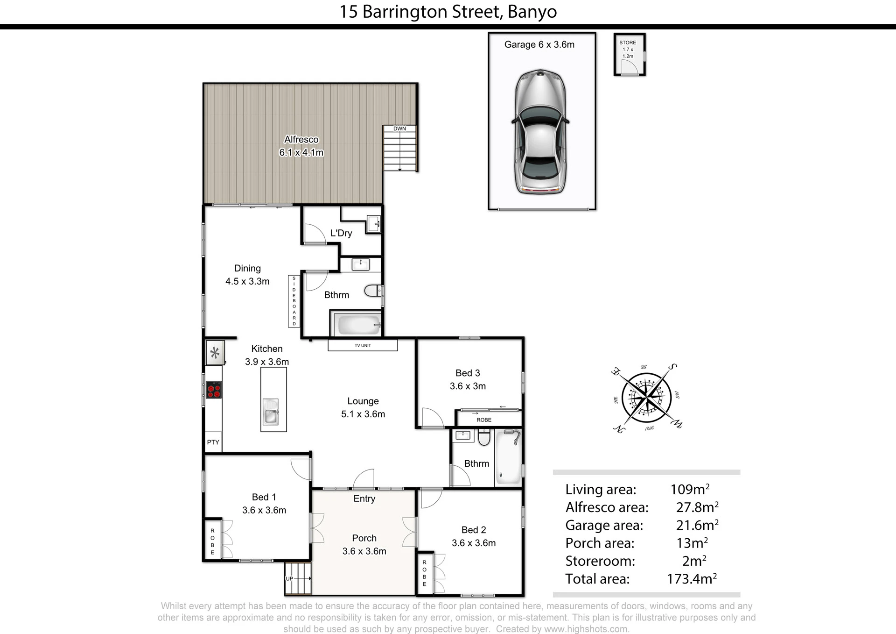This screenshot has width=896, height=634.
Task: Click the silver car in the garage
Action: click(x=540, y=132)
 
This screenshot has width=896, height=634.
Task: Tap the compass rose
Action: click(x=646, y=398)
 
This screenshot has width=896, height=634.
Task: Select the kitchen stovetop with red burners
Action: click(x=214, y=390)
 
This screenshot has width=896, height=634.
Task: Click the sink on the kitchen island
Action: click(x=271, y=411)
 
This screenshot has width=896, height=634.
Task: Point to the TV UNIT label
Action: click(x=363, y=346)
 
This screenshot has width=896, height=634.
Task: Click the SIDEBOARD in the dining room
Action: click(x=294, y=301)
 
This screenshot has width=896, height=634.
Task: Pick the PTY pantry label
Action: click(x=213, y=442)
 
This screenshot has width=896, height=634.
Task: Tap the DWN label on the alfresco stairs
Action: click(x=399, y=128)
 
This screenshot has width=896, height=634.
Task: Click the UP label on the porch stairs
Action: click(x=289, y=579)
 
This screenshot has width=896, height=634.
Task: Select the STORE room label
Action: click(x=628, y=43)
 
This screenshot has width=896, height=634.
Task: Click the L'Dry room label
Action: click(x=341, y=233)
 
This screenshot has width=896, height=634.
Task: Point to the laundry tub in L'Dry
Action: click(x=373, y=223)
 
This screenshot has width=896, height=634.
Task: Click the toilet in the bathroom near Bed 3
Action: click(x=484, y=437)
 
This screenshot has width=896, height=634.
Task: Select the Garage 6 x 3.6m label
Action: click(x=539, y=44)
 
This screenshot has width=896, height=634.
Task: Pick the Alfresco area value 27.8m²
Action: click(x=697, y=507)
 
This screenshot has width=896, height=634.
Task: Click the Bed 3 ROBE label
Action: click(x=484, y=420)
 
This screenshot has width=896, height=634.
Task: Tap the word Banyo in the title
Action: click(x=532, y=12)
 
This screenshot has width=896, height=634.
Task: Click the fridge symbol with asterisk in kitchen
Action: click(x=215, y=353)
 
